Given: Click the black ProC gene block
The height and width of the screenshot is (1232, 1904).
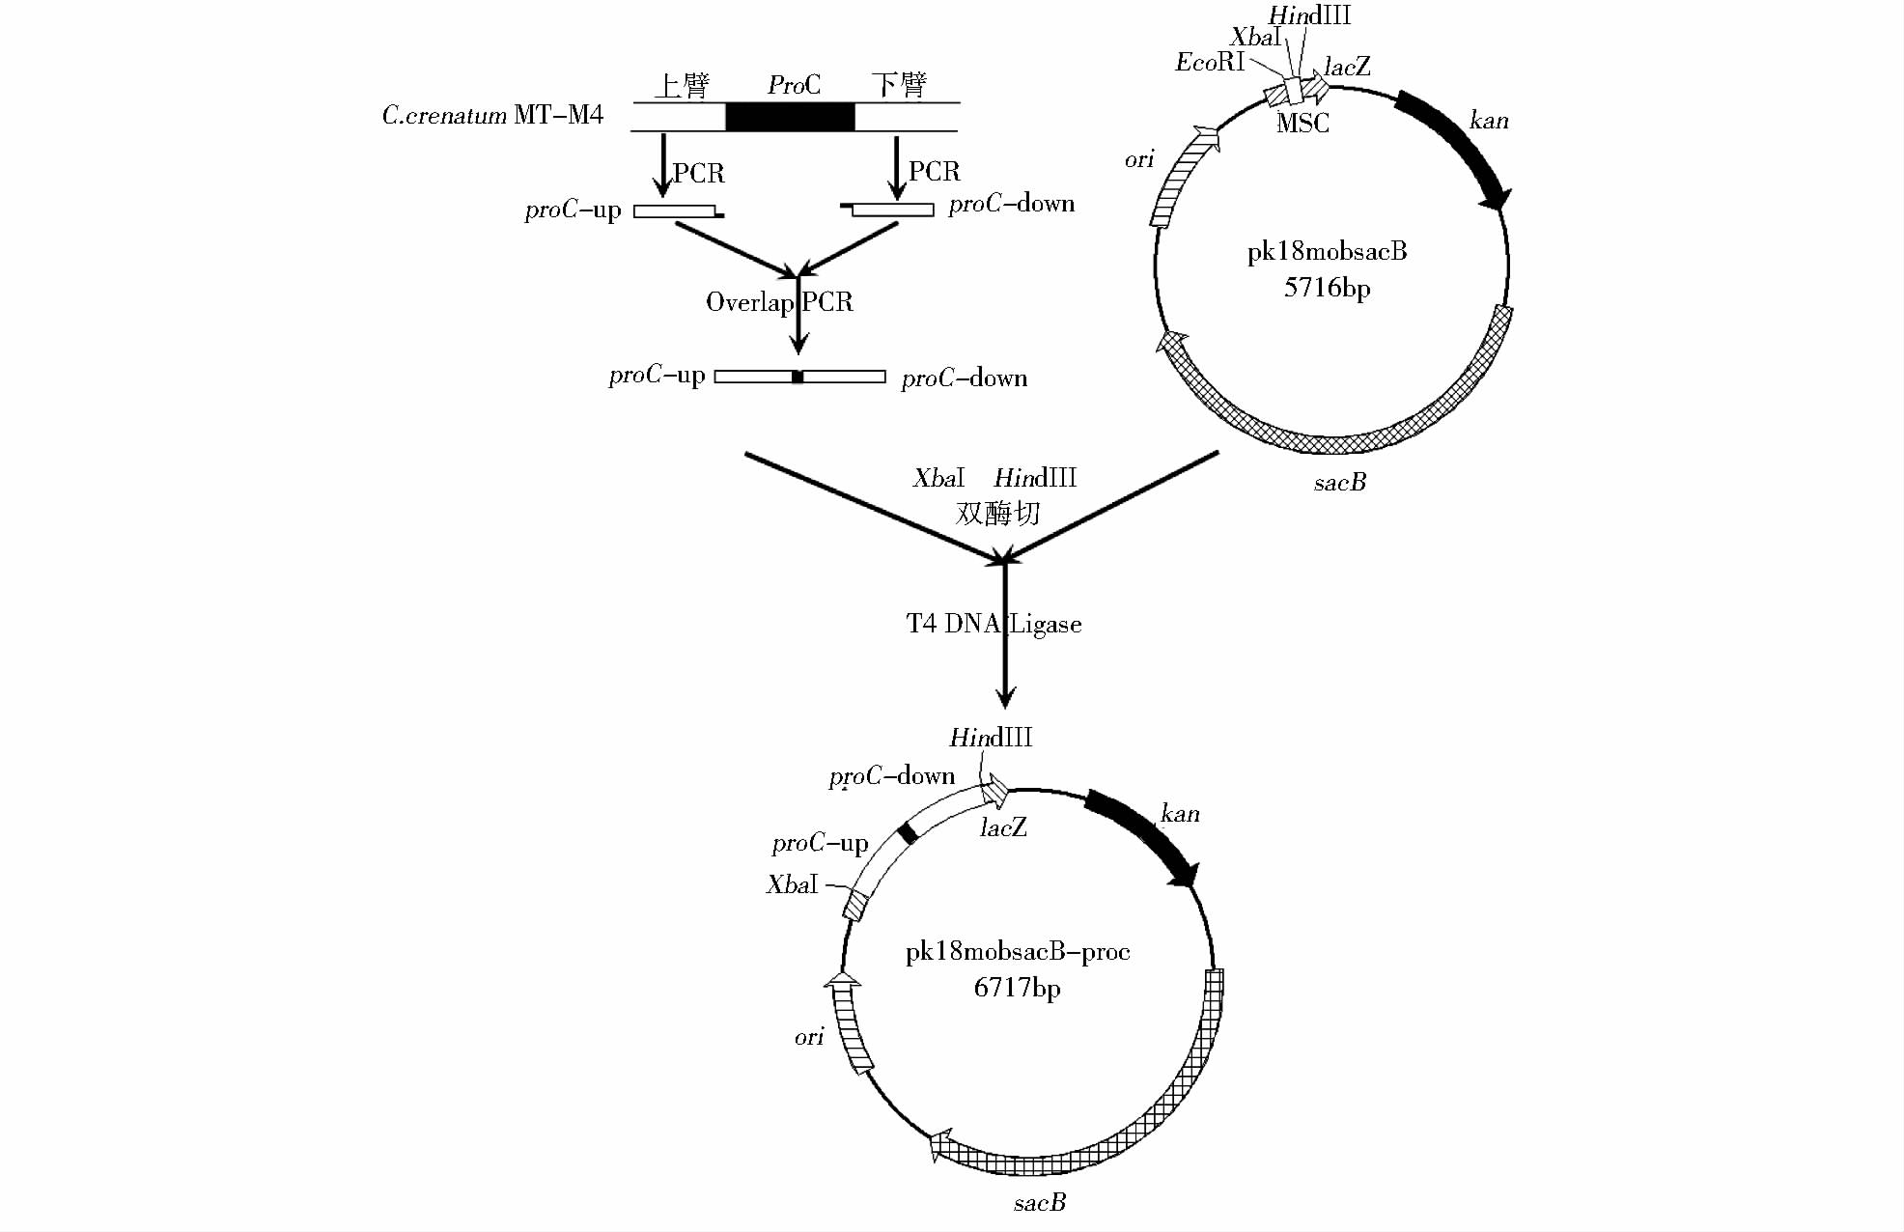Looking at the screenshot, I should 790,117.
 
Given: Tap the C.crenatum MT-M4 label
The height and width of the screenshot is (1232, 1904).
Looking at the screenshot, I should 492,116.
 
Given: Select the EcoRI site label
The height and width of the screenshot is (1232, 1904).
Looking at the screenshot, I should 1209,63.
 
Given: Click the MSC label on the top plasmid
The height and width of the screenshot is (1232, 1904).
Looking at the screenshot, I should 1302,124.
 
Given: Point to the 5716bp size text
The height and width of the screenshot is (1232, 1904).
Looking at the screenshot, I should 1327,288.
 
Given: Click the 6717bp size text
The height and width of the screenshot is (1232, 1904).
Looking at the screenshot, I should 1017,988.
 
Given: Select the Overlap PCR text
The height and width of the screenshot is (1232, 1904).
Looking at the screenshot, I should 779,302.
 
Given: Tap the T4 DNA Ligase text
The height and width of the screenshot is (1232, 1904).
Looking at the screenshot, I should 994,624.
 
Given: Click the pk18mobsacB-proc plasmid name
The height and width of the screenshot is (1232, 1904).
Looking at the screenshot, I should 1018,952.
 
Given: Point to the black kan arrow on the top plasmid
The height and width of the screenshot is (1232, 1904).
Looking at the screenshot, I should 1456,145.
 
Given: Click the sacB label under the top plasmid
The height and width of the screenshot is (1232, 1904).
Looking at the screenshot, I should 1340,483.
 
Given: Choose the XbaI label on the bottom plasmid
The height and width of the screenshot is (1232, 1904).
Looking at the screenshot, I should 792,884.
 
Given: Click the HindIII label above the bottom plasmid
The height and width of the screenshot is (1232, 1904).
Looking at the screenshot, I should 991,738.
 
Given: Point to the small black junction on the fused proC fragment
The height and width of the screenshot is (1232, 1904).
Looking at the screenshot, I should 798,377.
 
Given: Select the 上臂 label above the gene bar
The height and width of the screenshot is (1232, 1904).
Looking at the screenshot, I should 682,85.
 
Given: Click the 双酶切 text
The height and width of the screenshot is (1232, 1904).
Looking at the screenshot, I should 997,513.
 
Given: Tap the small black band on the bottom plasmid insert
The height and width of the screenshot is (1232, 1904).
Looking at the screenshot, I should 907,833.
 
